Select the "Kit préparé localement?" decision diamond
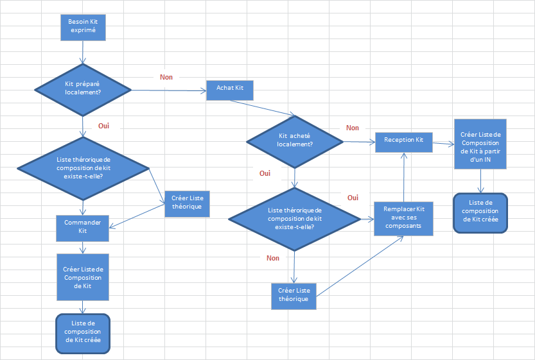tap(83, 87)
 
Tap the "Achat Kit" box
tap(230, 90)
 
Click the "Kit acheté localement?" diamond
tap(295, 140)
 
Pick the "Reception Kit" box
tap(403, 140)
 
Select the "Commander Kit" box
tap(82, 226)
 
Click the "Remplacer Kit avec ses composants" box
tap(403, 218)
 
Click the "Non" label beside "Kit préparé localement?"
tap(166, 77)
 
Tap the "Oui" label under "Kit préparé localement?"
tap(103, 126)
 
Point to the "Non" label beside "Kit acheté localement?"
tap(352, 128)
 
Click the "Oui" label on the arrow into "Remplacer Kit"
tap(353, 198)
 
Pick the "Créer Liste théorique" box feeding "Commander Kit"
tap(187, 203)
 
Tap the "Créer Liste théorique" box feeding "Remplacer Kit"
tap(294, 295)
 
